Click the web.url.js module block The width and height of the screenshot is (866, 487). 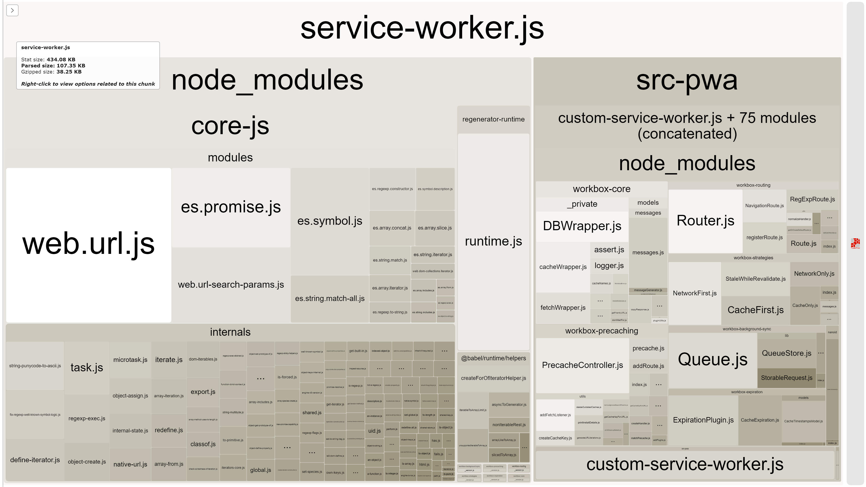point(88,245)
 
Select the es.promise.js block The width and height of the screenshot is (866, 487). point(231,207)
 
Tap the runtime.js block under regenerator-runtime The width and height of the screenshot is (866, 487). point(493,241)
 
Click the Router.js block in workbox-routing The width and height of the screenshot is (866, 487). point(705,221)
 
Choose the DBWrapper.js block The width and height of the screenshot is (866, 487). point(582,226)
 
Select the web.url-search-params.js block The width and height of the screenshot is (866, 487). point(231,285)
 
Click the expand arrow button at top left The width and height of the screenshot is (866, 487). point(12,10)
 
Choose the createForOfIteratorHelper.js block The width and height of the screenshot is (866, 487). point(493,378)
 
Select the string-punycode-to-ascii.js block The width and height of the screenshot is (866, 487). point(35,366)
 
